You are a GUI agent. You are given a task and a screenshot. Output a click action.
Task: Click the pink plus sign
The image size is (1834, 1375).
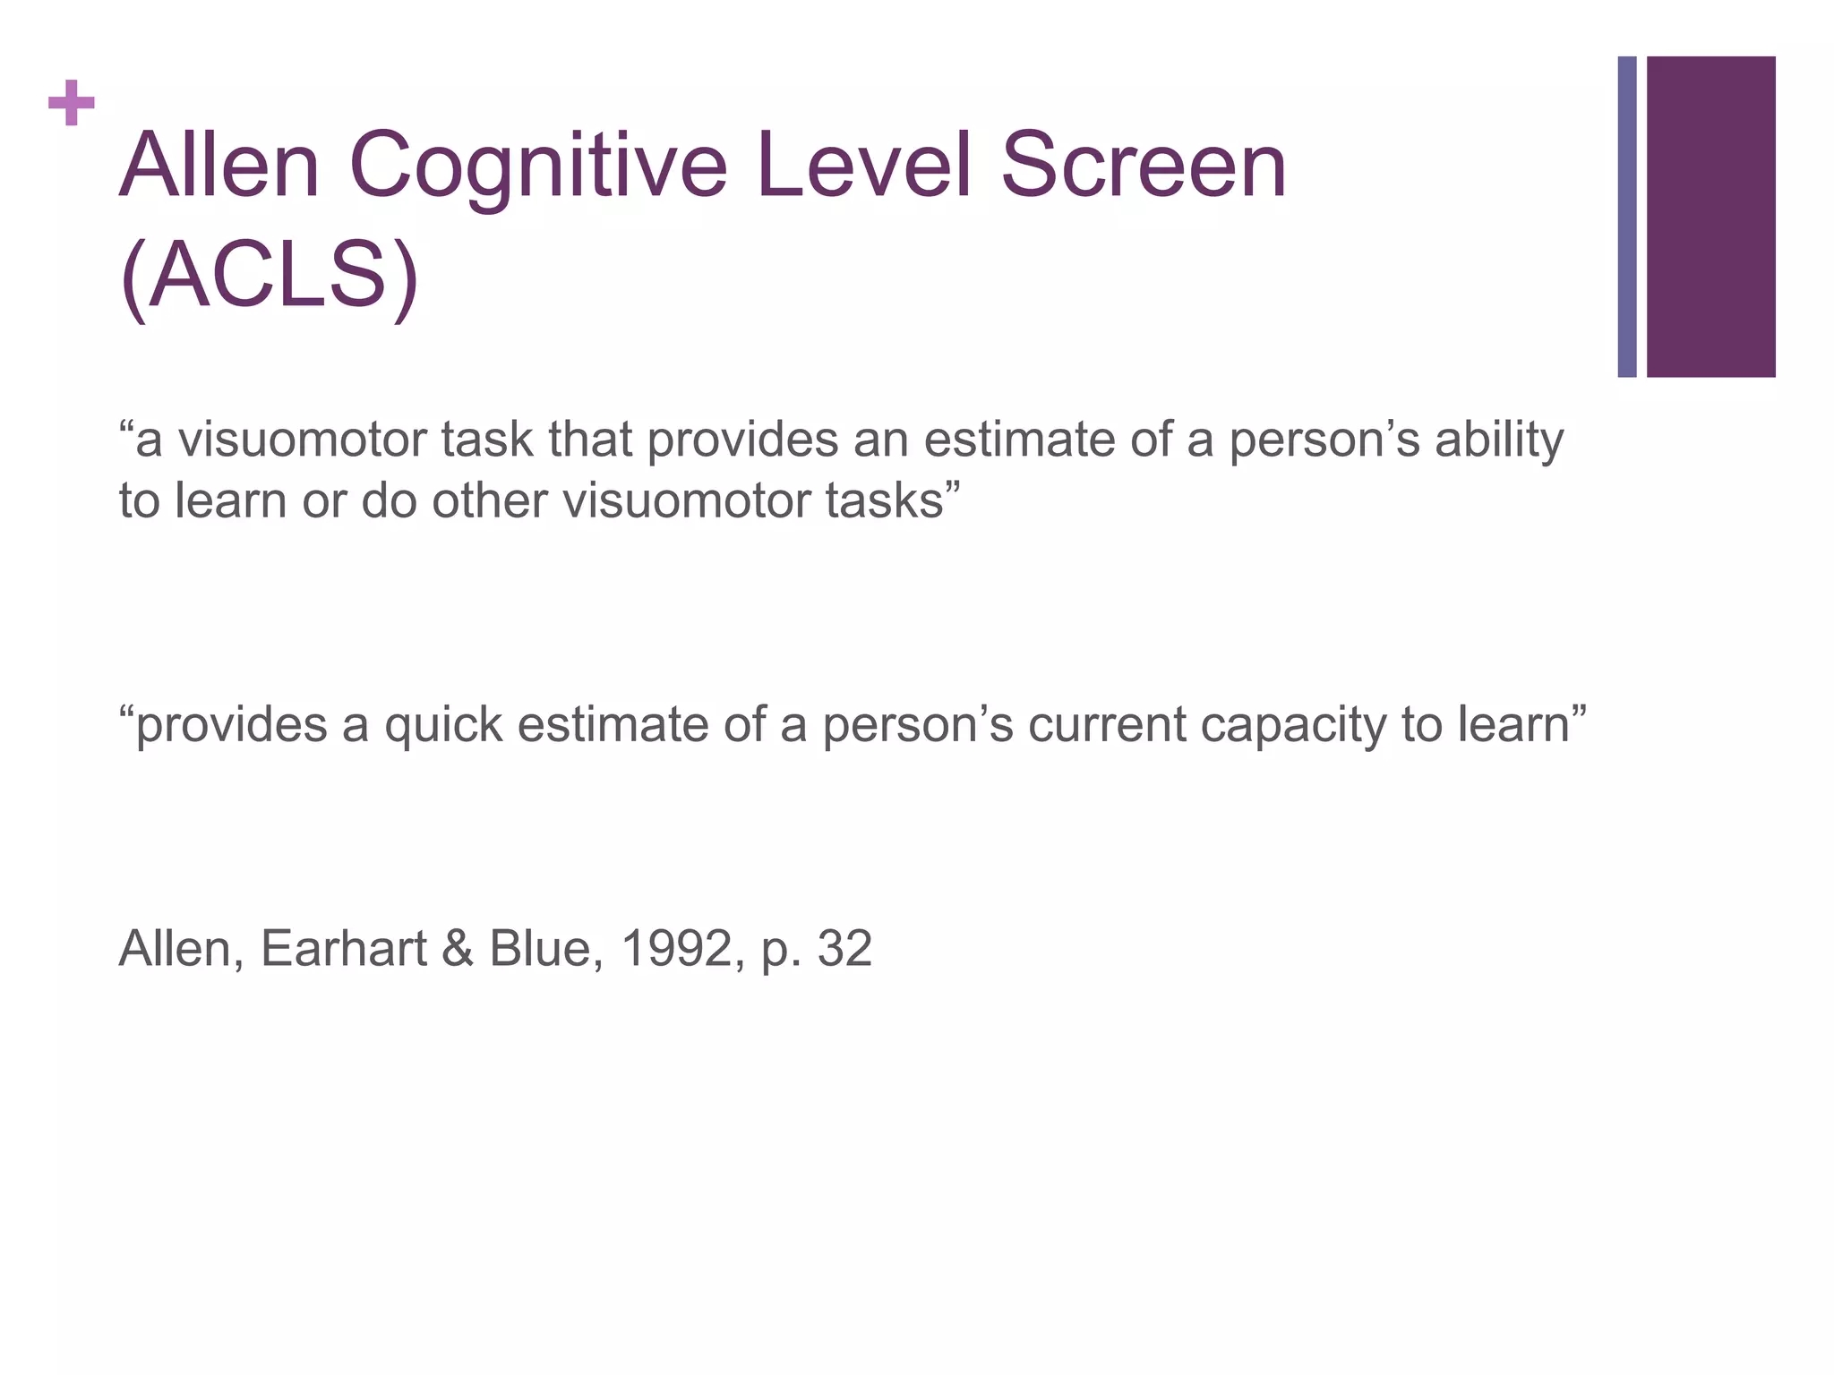(72, 103)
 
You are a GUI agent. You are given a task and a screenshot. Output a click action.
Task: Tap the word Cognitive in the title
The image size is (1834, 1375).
(537, 167)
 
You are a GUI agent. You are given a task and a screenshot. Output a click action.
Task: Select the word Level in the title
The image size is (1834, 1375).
(863, 166)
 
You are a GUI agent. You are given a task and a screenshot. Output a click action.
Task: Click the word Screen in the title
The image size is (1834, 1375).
(1143, 166)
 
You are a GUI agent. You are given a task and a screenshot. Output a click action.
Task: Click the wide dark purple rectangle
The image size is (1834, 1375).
(1710, 217)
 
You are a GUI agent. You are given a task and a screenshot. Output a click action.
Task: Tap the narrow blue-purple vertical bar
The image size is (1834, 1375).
(1627, 217)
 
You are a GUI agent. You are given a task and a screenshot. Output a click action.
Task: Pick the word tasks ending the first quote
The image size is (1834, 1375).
(891, 500)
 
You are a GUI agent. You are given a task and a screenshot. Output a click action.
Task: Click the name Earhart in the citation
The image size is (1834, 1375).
(343, 949)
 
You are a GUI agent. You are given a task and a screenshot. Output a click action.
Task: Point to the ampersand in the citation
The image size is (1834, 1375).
(457, 949)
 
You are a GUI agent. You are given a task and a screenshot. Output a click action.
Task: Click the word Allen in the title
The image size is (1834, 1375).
(219, 166)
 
